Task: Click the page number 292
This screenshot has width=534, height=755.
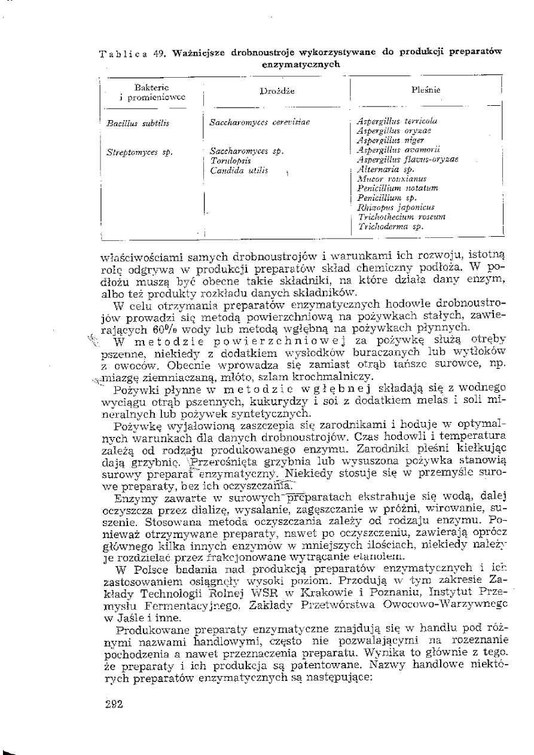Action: click(113, 704)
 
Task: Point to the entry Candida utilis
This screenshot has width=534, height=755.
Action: click(236, 172)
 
